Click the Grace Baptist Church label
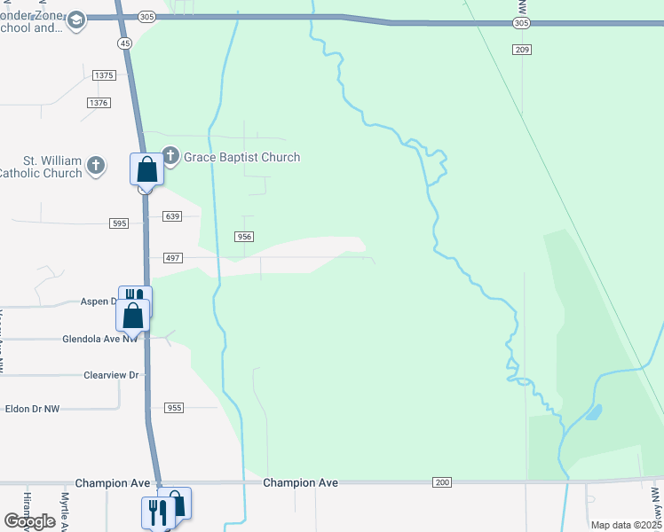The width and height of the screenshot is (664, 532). click(x=241, y=157)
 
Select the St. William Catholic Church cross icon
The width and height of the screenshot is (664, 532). click(x=96, y=166)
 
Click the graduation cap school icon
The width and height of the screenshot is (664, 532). click(x=76, y=20)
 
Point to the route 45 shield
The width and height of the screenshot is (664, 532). click(x=124, y=43)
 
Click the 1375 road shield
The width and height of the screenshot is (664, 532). click(x=104, y=75)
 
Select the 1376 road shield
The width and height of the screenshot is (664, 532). click(x=99, y=103)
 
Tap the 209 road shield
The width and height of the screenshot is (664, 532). click(x=522, y=50)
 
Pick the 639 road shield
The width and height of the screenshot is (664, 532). click(x=172, y=216)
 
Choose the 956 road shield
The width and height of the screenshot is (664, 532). click(x=244, y=237)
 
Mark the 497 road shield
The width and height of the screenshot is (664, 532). click(x=172, y=258)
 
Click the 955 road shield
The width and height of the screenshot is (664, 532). click(x=174, y=408)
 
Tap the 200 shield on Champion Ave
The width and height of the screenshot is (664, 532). click(x=443, y=482)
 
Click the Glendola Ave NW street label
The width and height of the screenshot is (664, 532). click(x=100, y=339)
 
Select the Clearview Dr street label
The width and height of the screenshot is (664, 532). click(x=111, y=375)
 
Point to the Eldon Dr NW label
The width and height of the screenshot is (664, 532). click(x=33, y=409)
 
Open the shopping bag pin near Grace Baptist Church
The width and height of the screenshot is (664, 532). click(x=146, y=168)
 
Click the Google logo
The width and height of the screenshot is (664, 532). click(x=29, y=521)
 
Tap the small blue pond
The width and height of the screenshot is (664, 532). click(x=592, y=412)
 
